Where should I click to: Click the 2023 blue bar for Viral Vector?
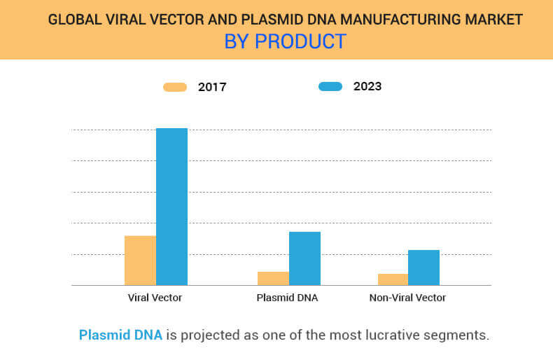171,207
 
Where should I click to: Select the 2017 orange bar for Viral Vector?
140,261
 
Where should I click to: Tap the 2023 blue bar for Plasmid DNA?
304,258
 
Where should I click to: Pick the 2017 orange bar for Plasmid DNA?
273,278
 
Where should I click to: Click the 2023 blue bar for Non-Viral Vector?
423,268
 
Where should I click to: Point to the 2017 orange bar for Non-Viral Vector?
393,279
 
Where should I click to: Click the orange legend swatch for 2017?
175,87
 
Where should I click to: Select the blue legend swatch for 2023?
330,87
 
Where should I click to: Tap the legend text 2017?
212,87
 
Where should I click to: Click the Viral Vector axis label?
155,298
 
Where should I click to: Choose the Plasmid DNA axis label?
287,298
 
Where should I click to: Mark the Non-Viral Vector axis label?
407,298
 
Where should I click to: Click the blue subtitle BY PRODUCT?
285,41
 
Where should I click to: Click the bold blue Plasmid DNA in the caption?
120,335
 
